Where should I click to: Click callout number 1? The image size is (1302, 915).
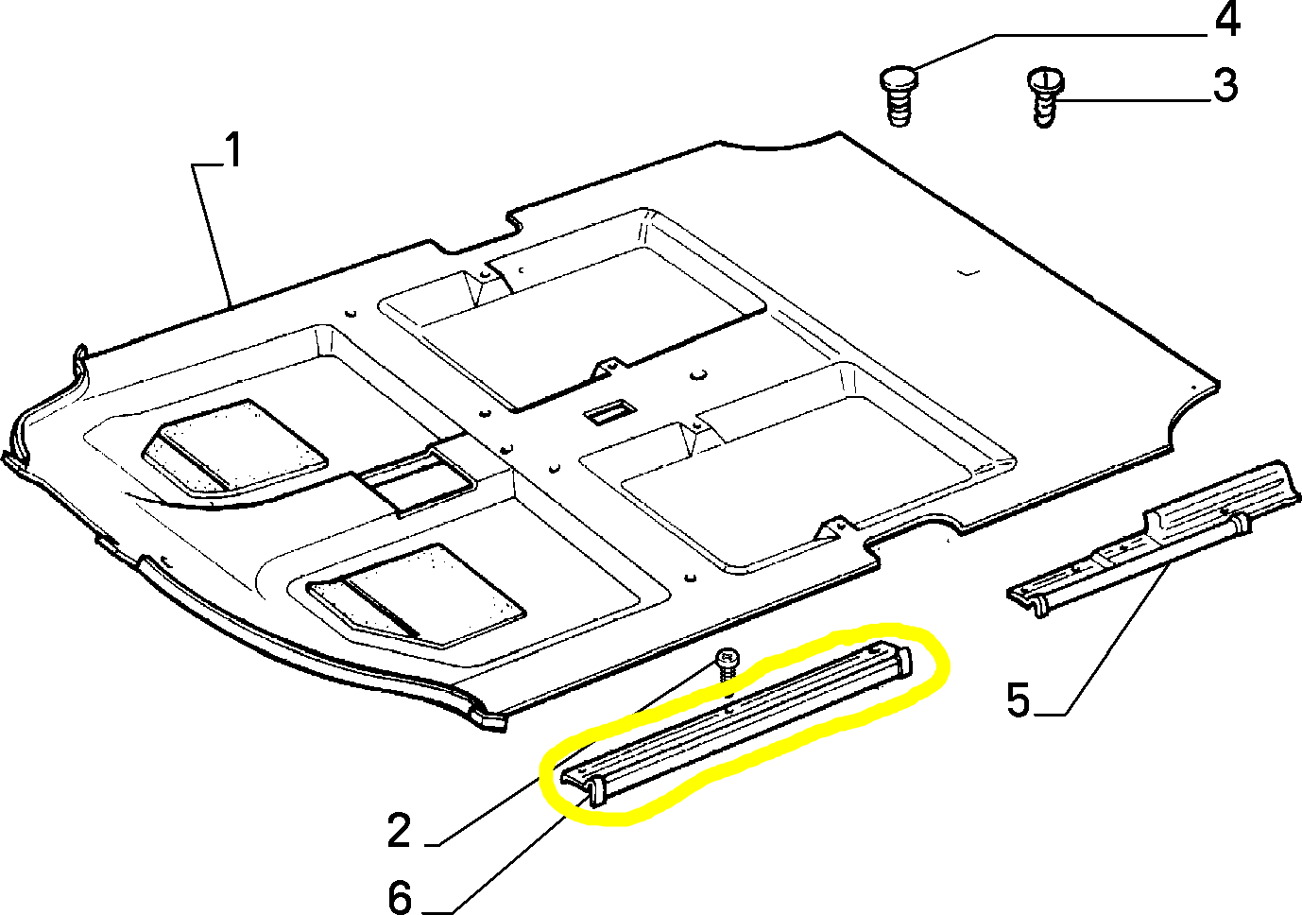click(231, 150)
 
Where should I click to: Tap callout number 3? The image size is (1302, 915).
click(1225, 86)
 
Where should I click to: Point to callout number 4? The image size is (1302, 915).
click(1226, 20)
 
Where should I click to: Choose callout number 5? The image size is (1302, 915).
click(1018, 701)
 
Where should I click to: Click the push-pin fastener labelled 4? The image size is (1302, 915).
click(899, 95)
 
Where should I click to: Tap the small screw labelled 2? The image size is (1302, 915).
click(727, 664)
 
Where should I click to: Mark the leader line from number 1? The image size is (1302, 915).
click(214, 236)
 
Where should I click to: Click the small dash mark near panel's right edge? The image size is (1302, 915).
click(965, 273)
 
